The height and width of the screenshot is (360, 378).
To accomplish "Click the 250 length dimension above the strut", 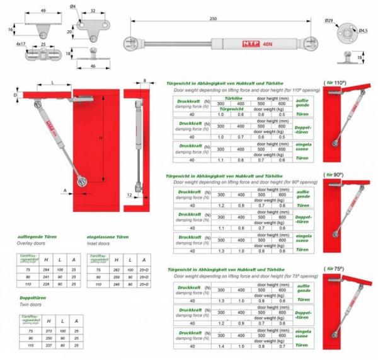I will [214, 19].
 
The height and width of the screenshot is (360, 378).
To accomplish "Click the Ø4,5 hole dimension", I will [363, 30].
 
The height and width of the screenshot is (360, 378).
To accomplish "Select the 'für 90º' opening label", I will [335, 175].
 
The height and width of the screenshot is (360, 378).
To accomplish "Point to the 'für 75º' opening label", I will [335, 269].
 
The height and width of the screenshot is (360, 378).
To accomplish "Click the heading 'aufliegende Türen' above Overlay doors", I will [37, 236].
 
